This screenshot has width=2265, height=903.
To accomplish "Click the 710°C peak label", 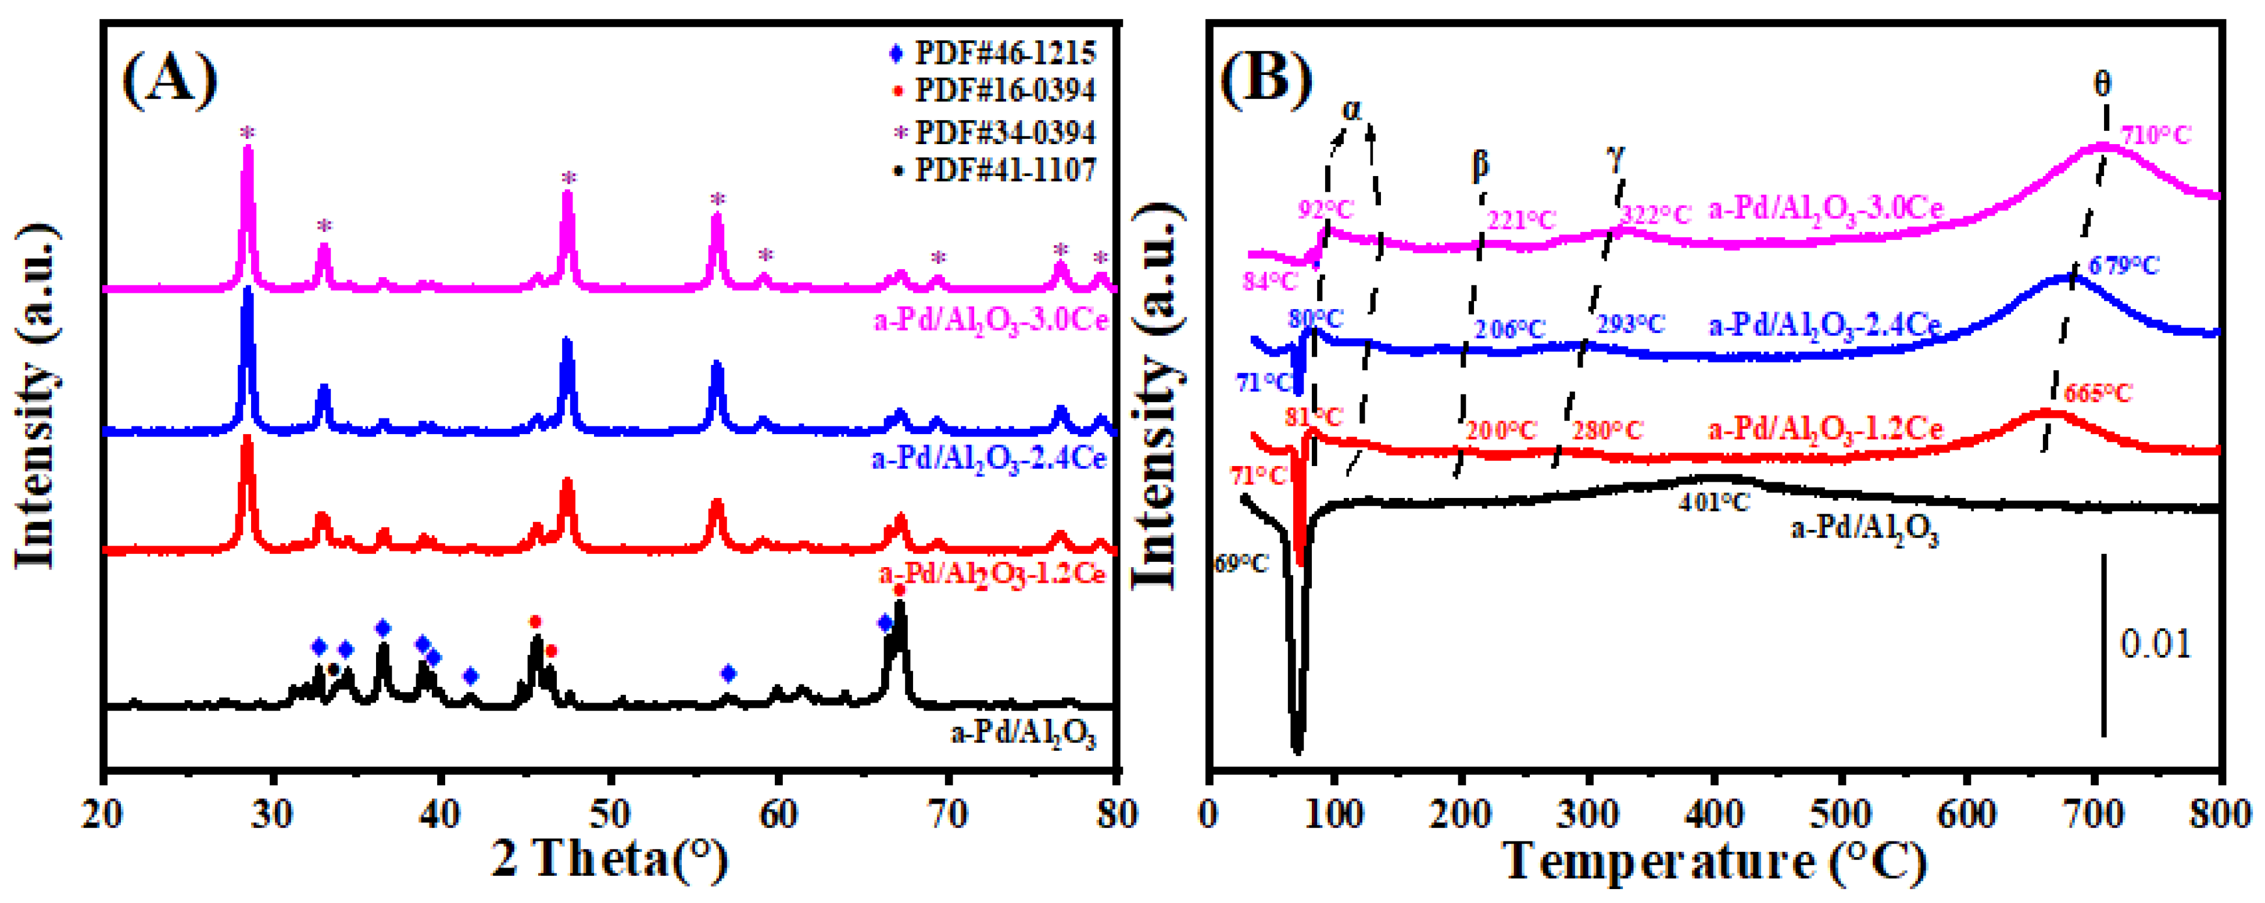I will (2155, 137).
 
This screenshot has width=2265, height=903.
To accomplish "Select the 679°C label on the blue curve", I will (2123, 264).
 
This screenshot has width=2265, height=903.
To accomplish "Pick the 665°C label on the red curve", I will (2098, 393).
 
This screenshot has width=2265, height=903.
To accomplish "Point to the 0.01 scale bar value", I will (2155, 644).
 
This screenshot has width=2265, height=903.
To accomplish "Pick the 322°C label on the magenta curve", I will (1655, 214).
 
